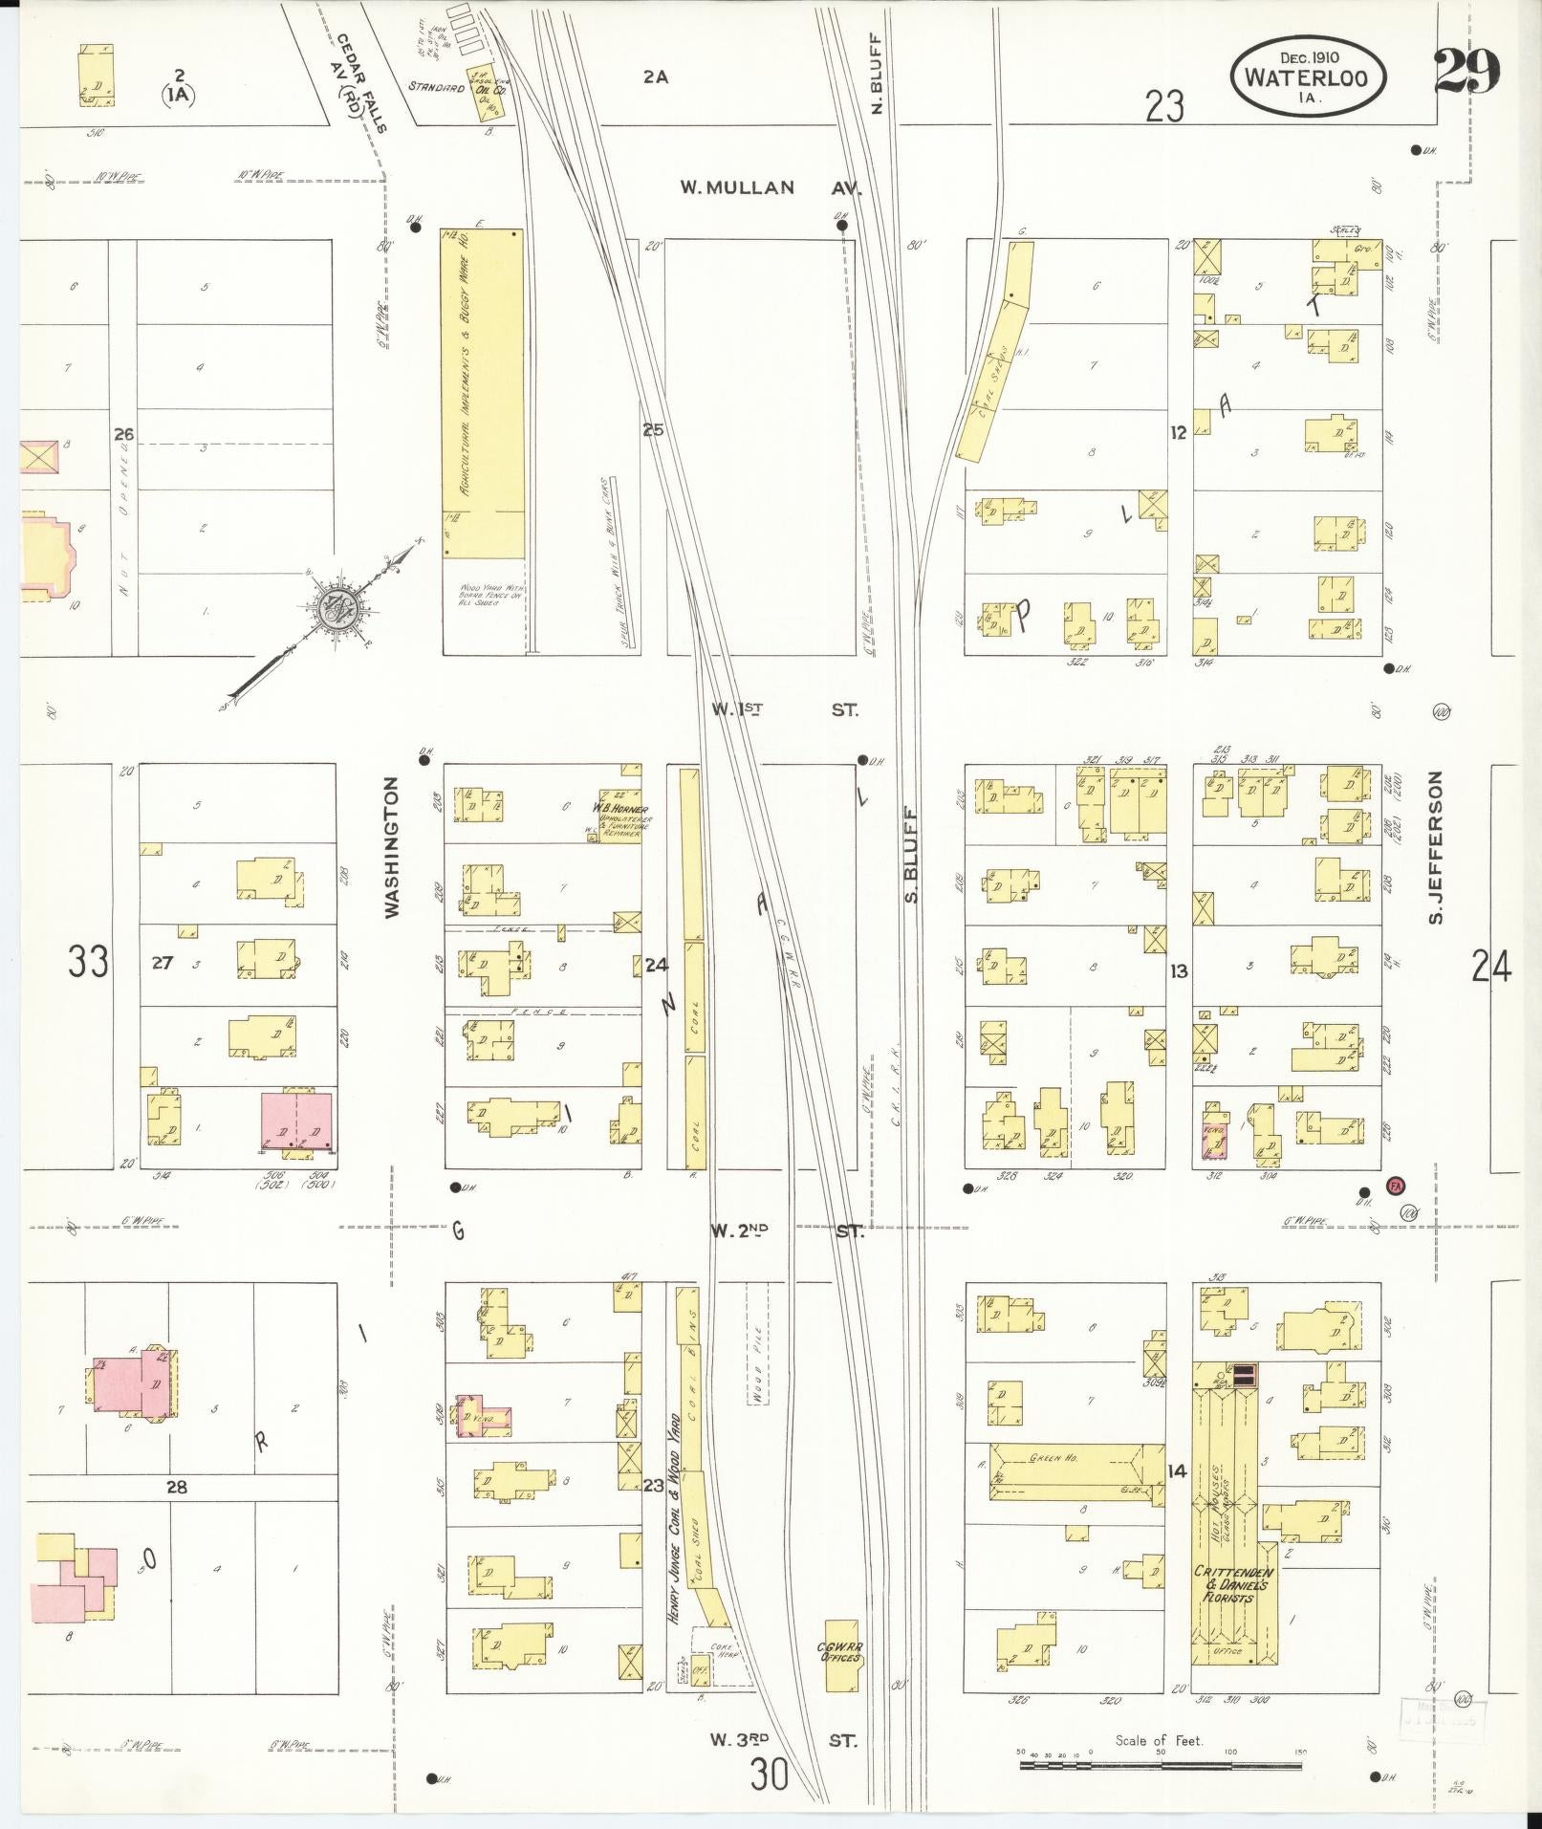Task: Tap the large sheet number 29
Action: [1466, 71]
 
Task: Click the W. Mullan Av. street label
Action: [771, 188]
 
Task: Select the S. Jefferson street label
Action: [1435, 847]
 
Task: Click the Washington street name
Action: [392, 847]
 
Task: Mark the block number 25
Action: [653, 430]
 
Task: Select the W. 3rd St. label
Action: [783, 1740]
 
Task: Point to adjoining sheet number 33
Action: [87, 962]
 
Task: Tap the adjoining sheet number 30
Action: [770, 1776]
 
